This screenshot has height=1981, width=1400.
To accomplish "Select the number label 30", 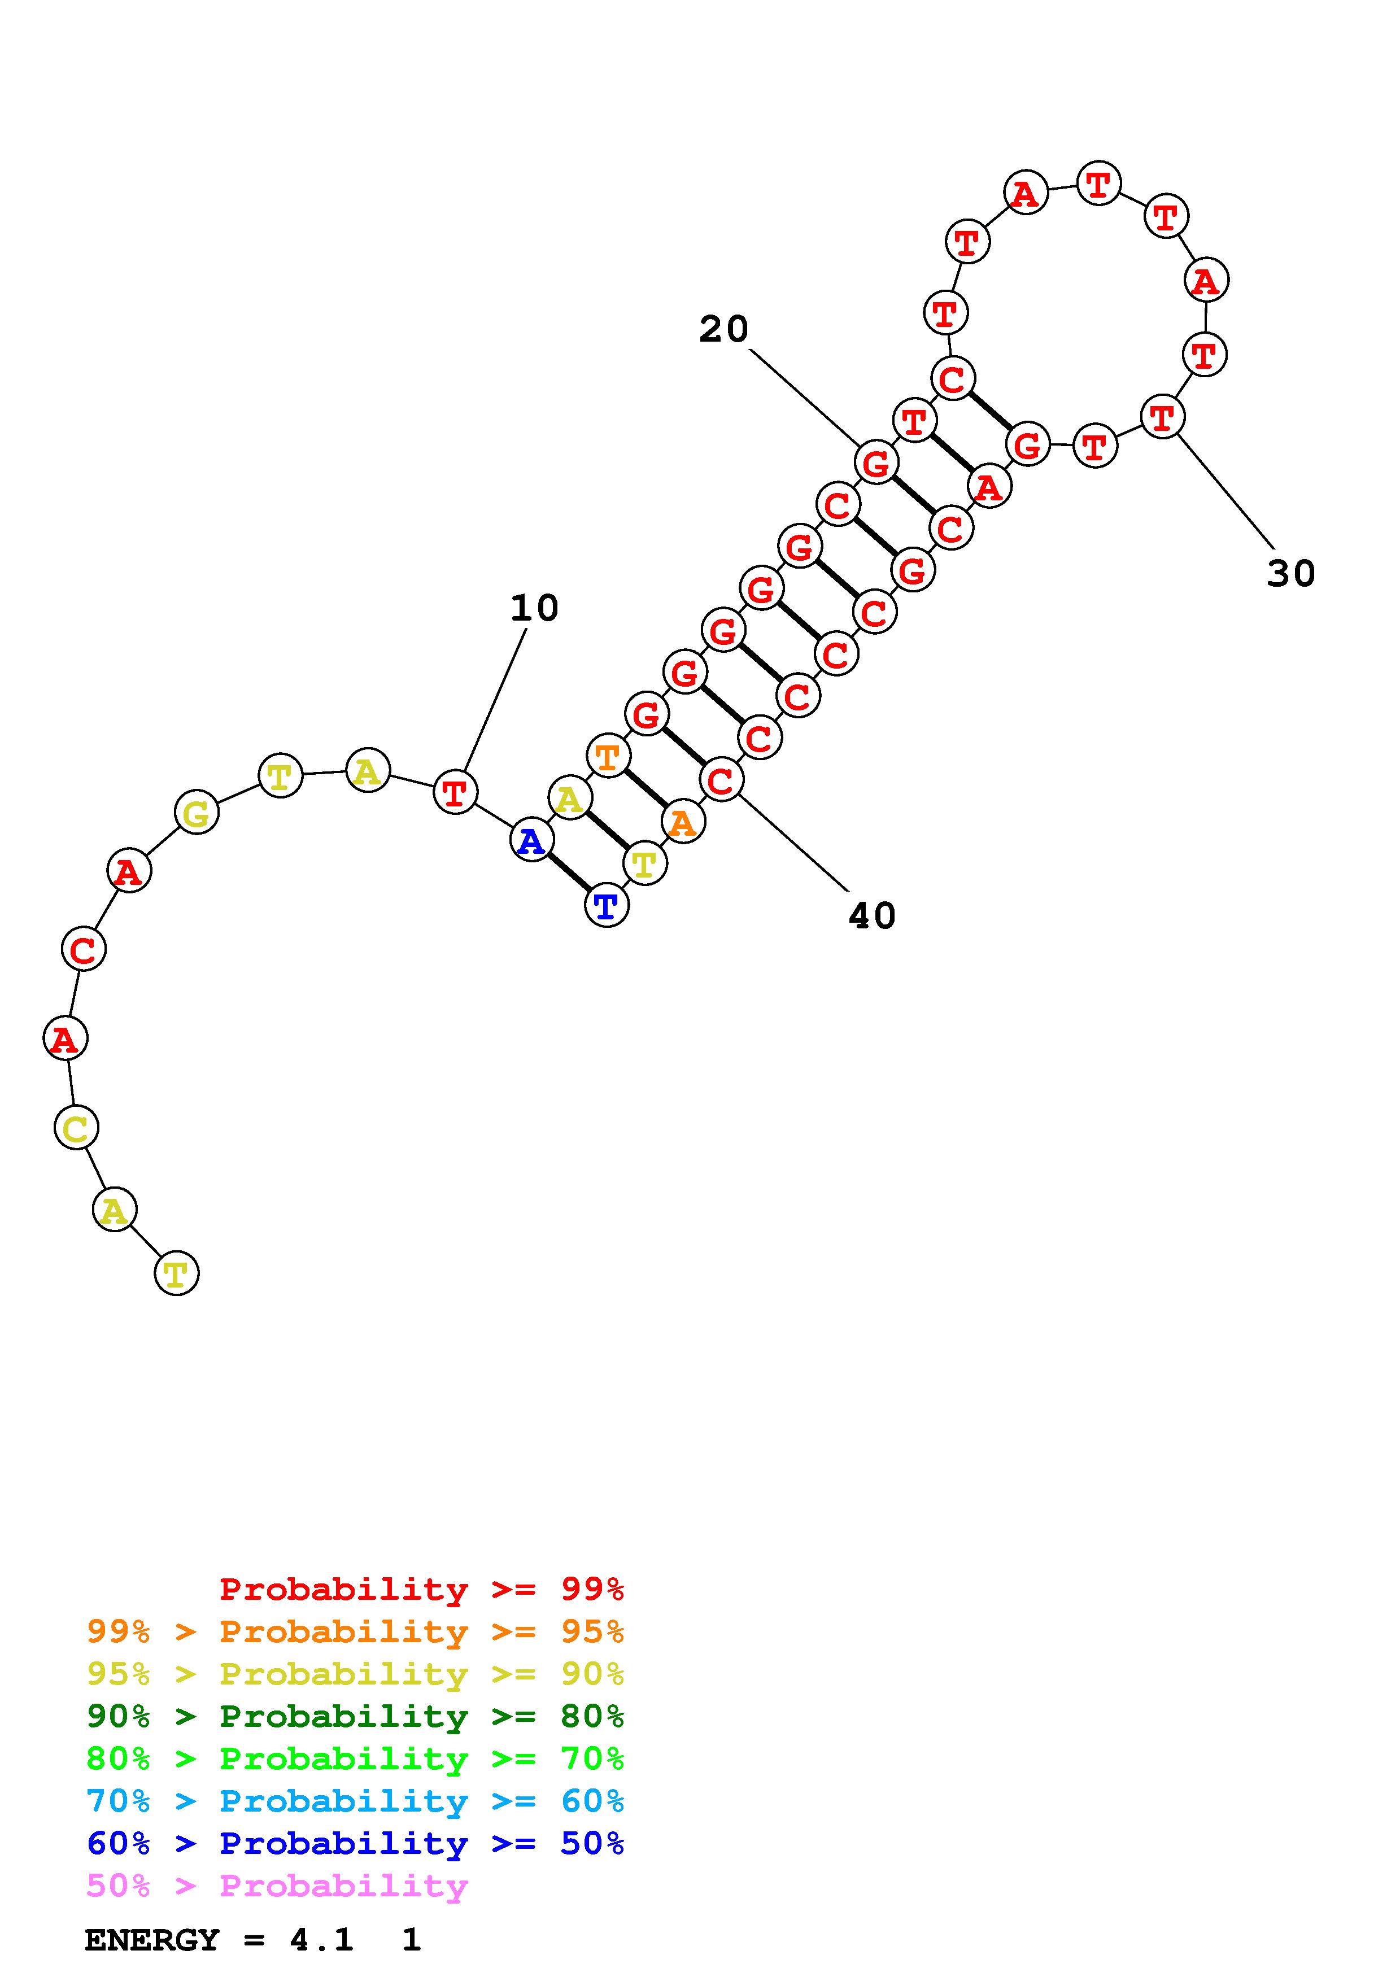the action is pos(1290,573).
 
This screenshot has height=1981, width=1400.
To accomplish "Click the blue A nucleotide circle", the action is pos(532,840).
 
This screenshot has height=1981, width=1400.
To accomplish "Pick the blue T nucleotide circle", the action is pos(607,906).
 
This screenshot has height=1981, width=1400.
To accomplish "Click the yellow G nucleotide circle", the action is pos(197,812).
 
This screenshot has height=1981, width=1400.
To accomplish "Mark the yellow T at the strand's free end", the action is pos(176,1273).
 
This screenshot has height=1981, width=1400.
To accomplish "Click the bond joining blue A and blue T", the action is pos(569,873).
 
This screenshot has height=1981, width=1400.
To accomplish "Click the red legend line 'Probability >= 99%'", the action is pos(421,1589).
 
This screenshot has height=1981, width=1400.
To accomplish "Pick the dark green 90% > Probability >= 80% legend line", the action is pos(355,1716).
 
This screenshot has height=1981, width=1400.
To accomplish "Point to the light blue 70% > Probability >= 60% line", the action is pos(355,1801).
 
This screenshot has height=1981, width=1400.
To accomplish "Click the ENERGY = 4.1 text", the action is pos(219,1940).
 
